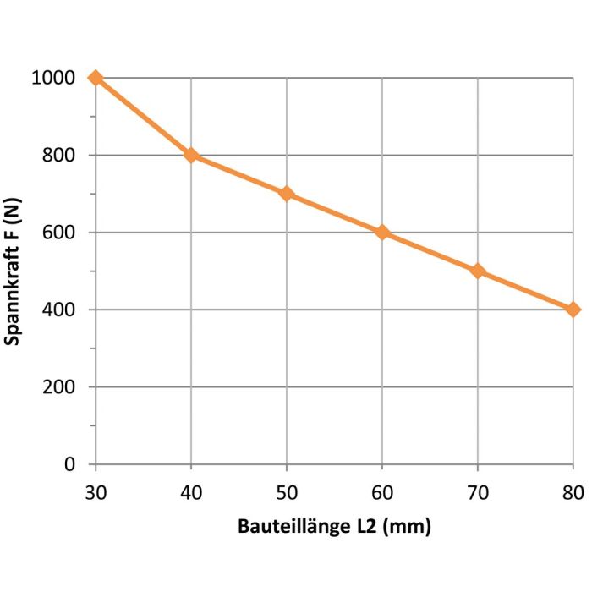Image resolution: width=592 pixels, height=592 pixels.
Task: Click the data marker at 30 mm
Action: pos(96,78)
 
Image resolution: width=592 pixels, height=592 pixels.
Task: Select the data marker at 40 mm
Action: pos(191,156)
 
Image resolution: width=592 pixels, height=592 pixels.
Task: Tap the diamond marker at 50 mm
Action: pos(287,194)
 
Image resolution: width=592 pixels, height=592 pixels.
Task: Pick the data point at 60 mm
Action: pos(382,233)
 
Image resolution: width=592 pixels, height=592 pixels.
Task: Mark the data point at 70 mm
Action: pos(478,271)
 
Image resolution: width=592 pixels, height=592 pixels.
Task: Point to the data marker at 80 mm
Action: pos(573,310)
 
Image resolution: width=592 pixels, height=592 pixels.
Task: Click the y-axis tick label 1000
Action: pos(54,79)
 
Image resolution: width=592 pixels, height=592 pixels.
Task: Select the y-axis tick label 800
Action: pos(60,156)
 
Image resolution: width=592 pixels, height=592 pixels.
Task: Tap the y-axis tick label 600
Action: pos(60,233)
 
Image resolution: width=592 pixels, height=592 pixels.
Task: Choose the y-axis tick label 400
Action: pos(60,310)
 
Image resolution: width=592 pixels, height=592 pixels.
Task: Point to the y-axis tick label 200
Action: pos(60,387)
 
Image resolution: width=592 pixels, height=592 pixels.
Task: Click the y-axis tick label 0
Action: pos(71,465)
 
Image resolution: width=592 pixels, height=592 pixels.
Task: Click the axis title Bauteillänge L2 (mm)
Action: pos(333,528)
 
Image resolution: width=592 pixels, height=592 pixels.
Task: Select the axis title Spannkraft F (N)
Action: pos(14,271)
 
